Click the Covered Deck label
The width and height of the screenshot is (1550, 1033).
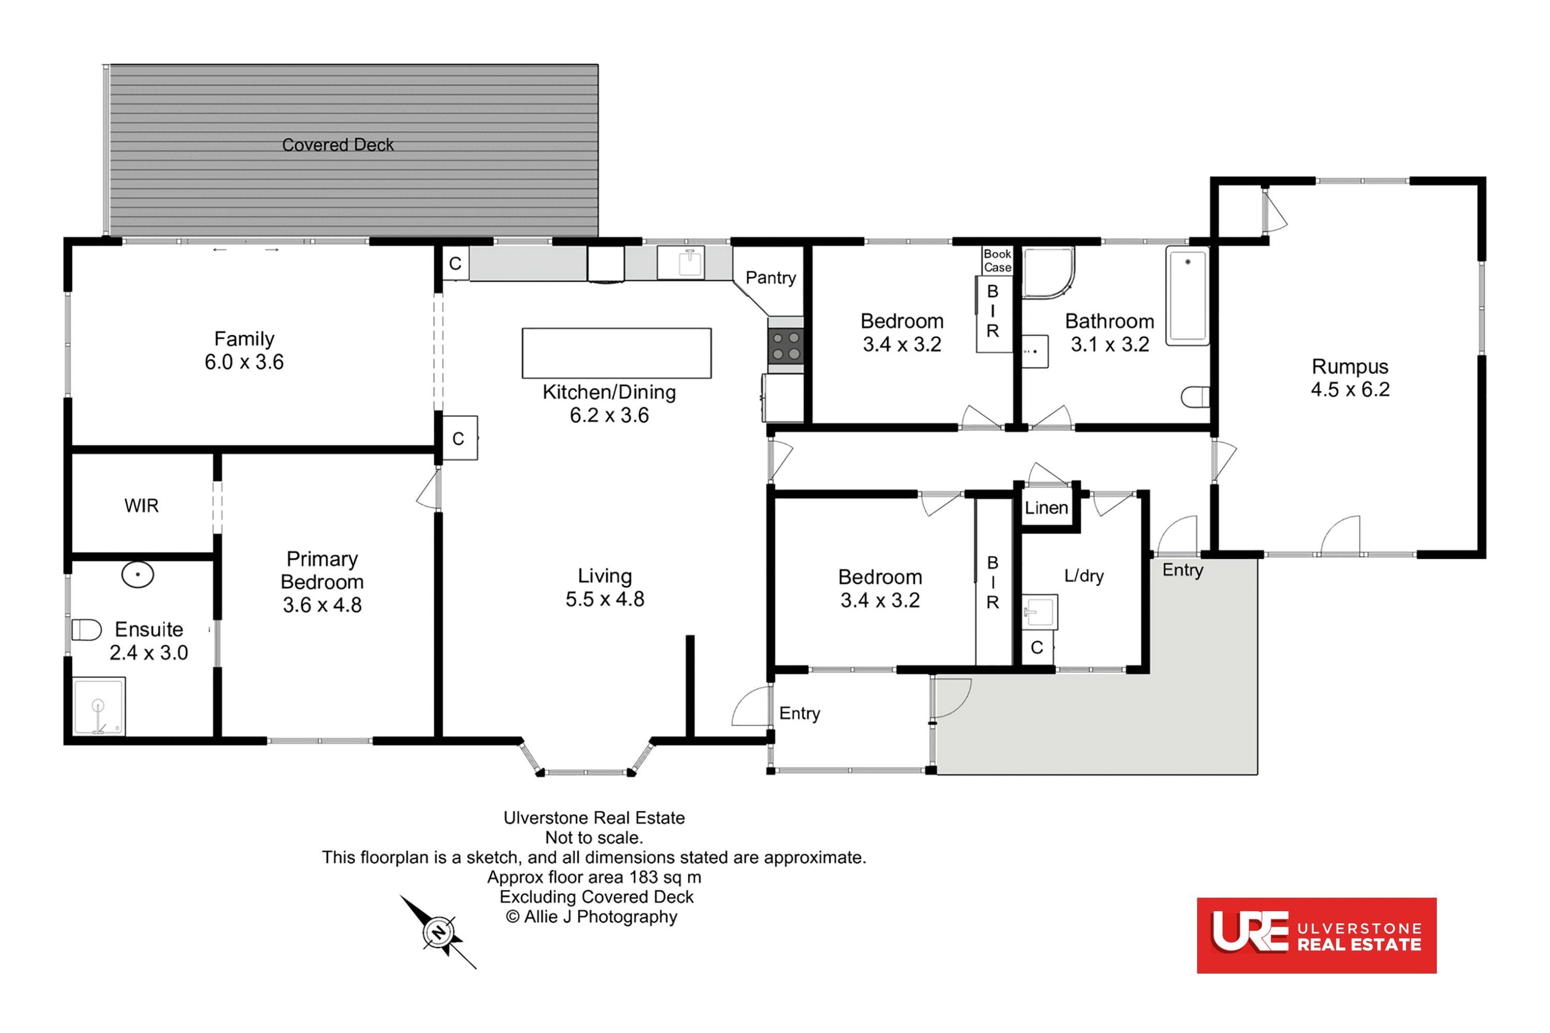[337, 145]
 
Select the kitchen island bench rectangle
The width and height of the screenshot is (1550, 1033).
[616, 353]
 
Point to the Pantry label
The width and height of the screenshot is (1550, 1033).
[770, 278]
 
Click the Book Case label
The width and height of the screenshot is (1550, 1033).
[997, 261]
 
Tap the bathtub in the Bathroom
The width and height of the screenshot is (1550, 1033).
[1187, 296]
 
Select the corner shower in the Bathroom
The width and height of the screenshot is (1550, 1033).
[1048, 272]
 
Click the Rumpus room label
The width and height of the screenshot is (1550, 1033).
[1350, 366]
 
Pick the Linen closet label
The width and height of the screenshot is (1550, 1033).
[1046, 508]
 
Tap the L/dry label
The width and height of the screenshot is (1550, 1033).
[1083, 576]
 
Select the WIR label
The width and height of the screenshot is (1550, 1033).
[141, 506]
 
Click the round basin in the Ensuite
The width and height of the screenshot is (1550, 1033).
[138, 574]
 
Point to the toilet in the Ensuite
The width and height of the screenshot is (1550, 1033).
[86, 630]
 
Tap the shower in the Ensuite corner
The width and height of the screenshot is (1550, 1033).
[99, 706]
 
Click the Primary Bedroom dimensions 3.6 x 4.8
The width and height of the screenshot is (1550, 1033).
[322, 605]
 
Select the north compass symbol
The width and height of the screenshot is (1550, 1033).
[438, 932]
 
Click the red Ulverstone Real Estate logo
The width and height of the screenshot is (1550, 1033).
[1316, 935]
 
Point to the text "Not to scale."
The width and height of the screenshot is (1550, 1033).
[594, 838]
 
